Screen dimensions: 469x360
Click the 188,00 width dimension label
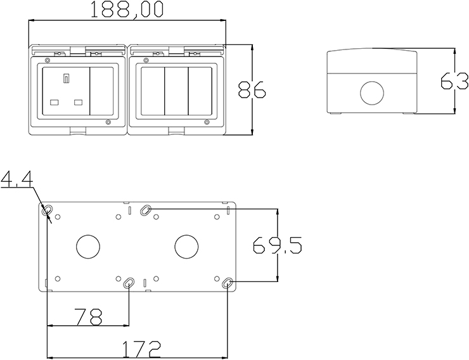[127, 10]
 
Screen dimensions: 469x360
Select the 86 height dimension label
[252, 89]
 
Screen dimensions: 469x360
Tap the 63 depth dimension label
[454, 80]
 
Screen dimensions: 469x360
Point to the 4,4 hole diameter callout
[16, 180]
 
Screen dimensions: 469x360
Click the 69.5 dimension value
[278, 245]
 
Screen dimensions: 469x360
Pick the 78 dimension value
[89, 317]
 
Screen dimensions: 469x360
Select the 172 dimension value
[142, 349]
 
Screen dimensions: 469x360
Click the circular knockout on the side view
[372, 93]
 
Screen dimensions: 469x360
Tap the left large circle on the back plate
[88, 247]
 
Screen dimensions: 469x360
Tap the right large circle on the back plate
[186, 247]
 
